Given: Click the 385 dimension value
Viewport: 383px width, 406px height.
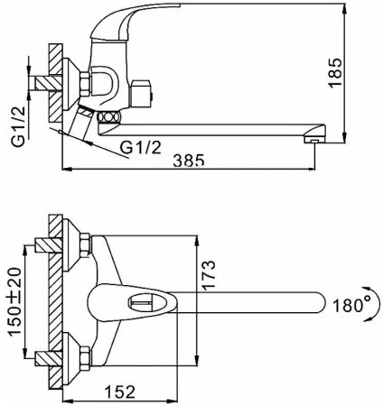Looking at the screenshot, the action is pos(189,160).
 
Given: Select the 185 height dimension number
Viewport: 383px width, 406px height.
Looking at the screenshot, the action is pos(335,73).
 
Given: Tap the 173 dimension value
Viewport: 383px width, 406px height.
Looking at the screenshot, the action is pos(209,275).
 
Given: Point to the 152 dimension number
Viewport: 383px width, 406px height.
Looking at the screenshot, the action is pos(120,392).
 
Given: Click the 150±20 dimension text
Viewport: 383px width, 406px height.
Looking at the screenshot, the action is pos(14,302).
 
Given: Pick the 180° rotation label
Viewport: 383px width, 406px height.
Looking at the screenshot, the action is pos(348,305).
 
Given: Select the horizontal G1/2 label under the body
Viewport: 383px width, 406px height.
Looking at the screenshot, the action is pos(141,147).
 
